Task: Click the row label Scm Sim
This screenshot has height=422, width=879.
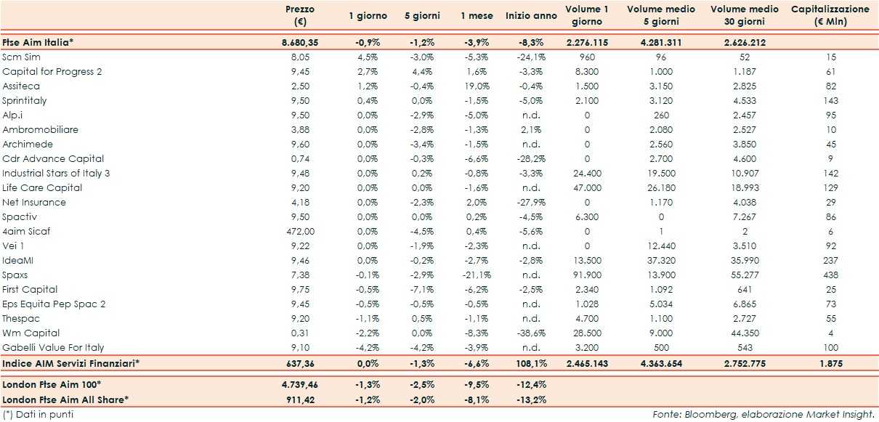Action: (22, 57)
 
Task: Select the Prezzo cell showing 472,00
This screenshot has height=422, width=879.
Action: (299, 232)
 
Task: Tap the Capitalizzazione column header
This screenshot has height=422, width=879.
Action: (830, 15)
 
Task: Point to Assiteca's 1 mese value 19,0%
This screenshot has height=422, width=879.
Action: (477, 86)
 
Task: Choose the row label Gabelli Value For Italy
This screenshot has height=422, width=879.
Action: (53, 348)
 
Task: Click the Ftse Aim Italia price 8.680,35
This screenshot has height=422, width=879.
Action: (299, 43)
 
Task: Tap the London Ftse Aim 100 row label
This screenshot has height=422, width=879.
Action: (52, 384)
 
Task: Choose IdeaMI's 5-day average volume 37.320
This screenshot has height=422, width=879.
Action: (660, 261)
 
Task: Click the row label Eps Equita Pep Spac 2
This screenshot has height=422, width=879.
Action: (54, 304)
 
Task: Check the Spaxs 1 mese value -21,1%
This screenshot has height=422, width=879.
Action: (477, 275)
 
